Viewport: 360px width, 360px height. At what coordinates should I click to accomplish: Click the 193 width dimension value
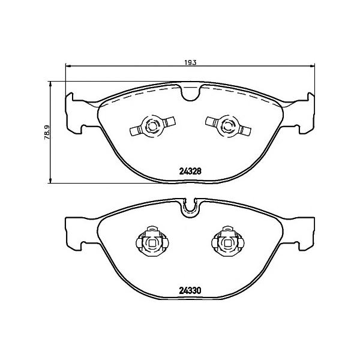[190, 62]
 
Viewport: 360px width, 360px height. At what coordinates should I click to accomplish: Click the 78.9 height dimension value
[47, 133]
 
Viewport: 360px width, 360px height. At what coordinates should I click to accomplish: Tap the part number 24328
[190, 171]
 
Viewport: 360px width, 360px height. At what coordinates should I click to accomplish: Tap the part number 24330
[190, 290]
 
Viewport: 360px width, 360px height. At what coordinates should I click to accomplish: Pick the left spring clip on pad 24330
[152, 241]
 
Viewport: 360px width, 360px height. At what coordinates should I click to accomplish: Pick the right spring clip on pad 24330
[228, 241]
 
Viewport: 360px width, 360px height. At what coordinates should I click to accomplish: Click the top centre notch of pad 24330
[190, 208]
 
